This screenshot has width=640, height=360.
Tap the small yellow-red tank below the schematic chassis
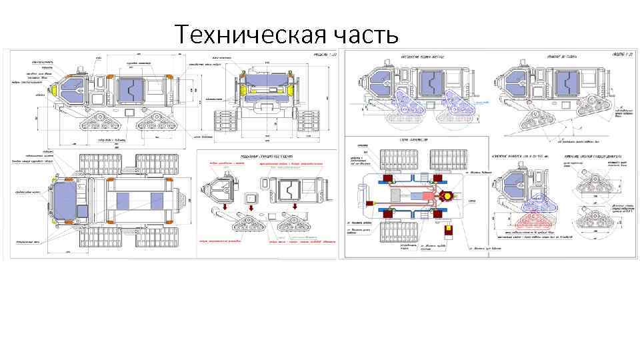coord(448,231)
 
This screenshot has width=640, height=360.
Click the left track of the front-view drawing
coord(221,121)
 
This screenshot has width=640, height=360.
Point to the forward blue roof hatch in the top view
coord(122,201)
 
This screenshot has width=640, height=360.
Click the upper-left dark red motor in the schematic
coord(387,178)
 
